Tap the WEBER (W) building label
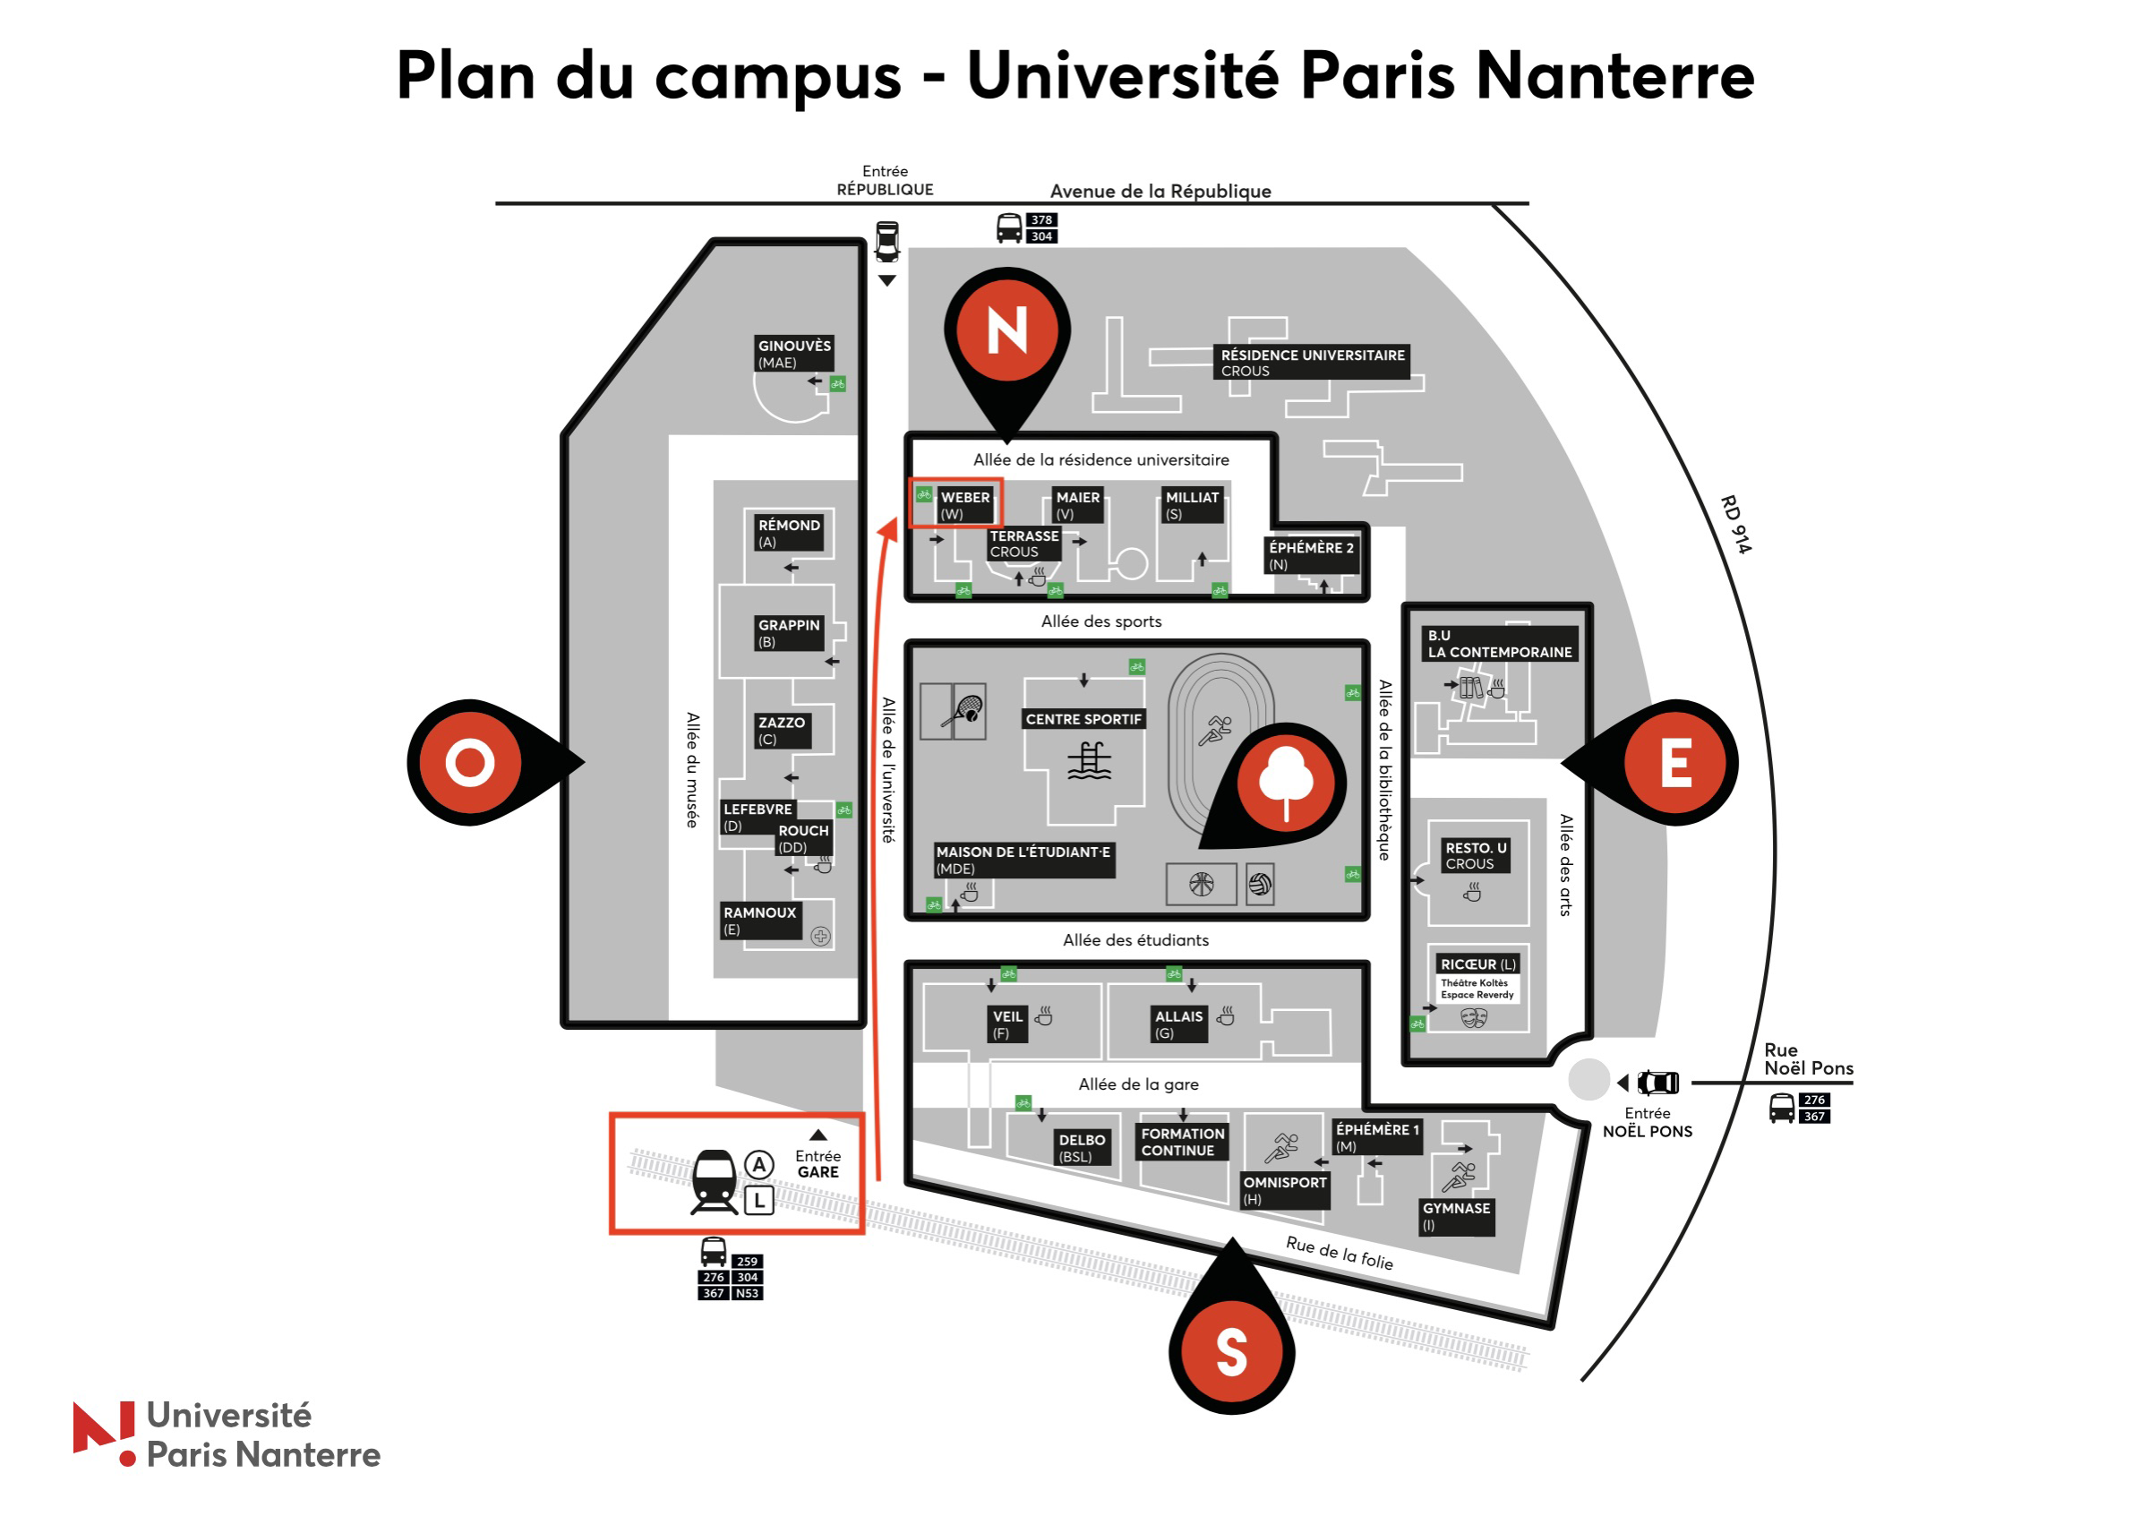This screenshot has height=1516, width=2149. (x=964, y=505)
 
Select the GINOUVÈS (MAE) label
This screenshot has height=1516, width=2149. (x=793, y=354)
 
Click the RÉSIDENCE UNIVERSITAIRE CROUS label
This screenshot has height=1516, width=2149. (x=1314, y=362)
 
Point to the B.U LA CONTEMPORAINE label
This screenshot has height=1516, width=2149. (x=1499, y=644)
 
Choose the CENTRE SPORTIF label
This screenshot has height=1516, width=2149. (x=1083, y=719)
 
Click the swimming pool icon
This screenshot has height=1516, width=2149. (x=1090, y=761)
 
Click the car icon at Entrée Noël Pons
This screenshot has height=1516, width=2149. (x=1657, y=1083)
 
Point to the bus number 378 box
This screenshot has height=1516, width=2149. (x=1041, y=220)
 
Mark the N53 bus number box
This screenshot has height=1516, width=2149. (x=747, y=1293)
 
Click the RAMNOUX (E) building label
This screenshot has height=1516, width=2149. (x=759, y=921)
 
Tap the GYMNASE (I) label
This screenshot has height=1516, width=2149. (x=1456, y=1217)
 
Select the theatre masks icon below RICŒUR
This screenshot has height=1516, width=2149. (x=1474, y=1017)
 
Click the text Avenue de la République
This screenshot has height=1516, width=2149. (x=1160, y=191)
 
